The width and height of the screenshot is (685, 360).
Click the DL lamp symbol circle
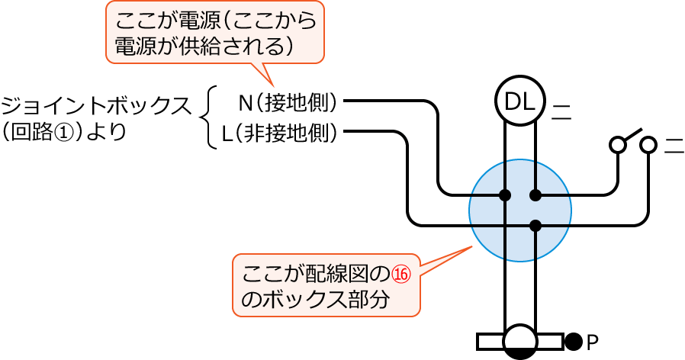[x=520, y=101]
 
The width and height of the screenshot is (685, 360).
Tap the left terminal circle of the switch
[x=617, y=144]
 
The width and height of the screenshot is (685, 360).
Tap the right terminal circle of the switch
[x=648, y=144]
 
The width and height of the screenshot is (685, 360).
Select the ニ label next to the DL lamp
[x=561, y=111]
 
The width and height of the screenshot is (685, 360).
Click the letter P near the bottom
[x=593, y=341]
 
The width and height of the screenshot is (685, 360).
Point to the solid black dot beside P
[x=573, y=341]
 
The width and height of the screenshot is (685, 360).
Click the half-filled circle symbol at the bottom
[x=520, y=341]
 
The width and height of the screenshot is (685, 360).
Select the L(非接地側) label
[x=280, y=133]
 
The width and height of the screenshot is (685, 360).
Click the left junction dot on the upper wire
[x=505, y=195]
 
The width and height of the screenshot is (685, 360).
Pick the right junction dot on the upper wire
[x=535, y=195]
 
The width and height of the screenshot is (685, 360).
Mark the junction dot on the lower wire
[x=535, y=225]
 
